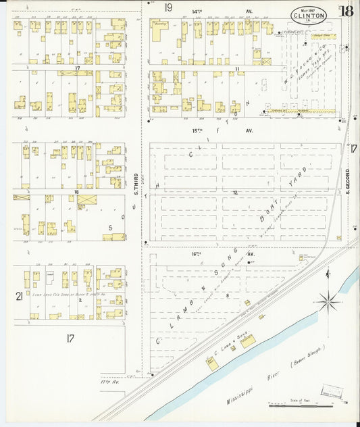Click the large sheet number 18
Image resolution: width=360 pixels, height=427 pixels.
[x=346, y=11]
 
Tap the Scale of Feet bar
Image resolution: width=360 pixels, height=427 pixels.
[x=301, y=405]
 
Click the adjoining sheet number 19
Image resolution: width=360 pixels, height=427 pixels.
[x=168, y=7]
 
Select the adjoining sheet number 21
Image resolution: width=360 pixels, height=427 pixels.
[x=19, y=296]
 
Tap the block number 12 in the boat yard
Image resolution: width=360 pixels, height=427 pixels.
[x=235, y=193]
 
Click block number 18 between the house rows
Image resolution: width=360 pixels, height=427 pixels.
[x=77, y=193]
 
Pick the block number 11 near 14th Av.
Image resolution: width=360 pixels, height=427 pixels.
[x=237, y=69]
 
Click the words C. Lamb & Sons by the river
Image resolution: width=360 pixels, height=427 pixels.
[x=234, y=334]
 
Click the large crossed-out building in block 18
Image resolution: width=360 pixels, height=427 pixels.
[x=86, y=200]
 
